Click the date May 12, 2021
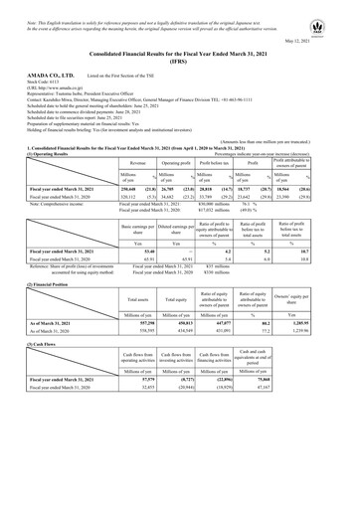pos(331,41)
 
